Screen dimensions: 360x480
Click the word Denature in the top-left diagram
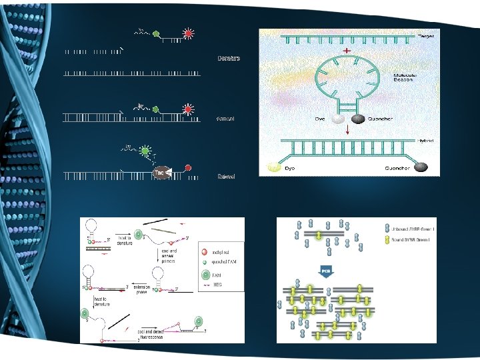click(229, 59)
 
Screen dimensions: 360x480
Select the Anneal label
click(227, 118)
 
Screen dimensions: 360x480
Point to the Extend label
click(227, 177)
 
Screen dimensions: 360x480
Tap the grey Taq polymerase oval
click(159, 173)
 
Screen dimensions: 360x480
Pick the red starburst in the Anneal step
click(189, 109)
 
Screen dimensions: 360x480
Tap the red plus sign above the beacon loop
click(347, 51)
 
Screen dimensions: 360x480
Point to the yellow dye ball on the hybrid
click(273, 169)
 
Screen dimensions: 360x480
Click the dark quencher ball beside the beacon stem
click(358, 119)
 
